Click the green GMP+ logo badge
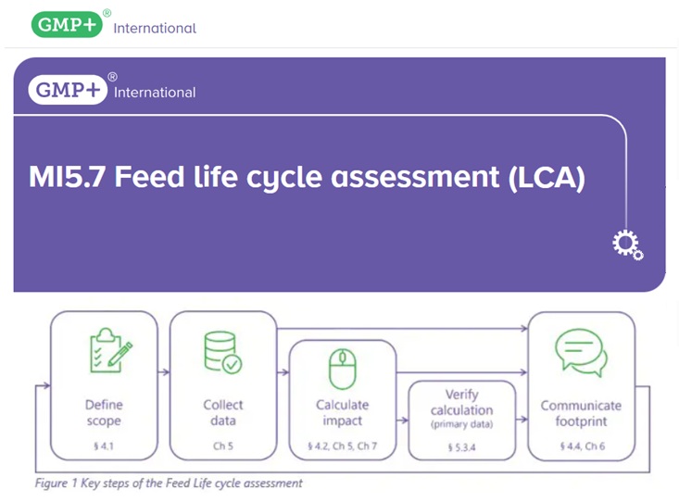point(67,24)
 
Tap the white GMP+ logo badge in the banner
point(68,90)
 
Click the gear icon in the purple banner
point(627,245)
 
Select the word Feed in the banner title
point(149,177)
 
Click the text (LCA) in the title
point(547,178)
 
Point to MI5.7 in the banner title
point(67,177)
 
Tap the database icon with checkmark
point(223,352)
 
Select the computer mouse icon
point(343,369)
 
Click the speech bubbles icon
point(581,353)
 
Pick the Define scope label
point(104,412)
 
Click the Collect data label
point(223,412)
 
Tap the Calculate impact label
point(343,412)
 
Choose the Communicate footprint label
point(581,413)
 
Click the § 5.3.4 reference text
point(461,447)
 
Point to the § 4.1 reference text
point(104,446)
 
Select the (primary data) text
point(461,424)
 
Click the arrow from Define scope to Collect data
point(164,372)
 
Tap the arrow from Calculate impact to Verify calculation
point(402,420)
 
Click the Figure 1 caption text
point(169,483)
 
